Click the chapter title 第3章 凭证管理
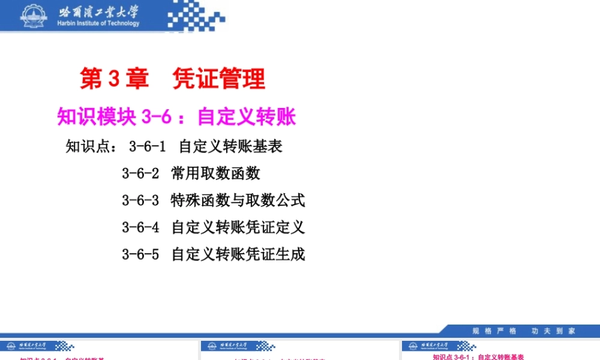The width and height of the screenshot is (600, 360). pos(173,79)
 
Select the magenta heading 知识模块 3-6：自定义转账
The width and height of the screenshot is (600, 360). pos(176,116)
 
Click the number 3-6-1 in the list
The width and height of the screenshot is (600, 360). pos(147,146)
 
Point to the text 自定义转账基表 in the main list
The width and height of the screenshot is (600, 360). pos(230,146)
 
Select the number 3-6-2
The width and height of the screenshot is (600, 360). pos(140,173)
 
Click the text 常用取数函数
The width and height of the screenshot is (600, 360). pos(215,173)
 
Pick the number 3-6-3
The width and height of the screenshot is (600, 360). pos(140,200)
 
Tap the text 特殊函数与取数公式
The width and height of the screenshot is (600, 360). pos(238,200)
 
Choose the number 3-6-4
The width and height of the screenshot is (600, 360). pos(140,227)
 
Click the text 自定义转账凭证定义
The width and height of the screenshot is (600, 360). pos(238,227)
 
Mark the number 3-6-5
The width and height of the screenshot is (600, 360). pos(140,254)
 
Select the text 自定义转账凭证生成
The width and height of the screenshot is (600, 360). pos(238,254)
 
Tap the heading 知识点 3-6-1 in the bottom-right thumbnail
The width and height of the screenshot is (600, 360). pos(478,357)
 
